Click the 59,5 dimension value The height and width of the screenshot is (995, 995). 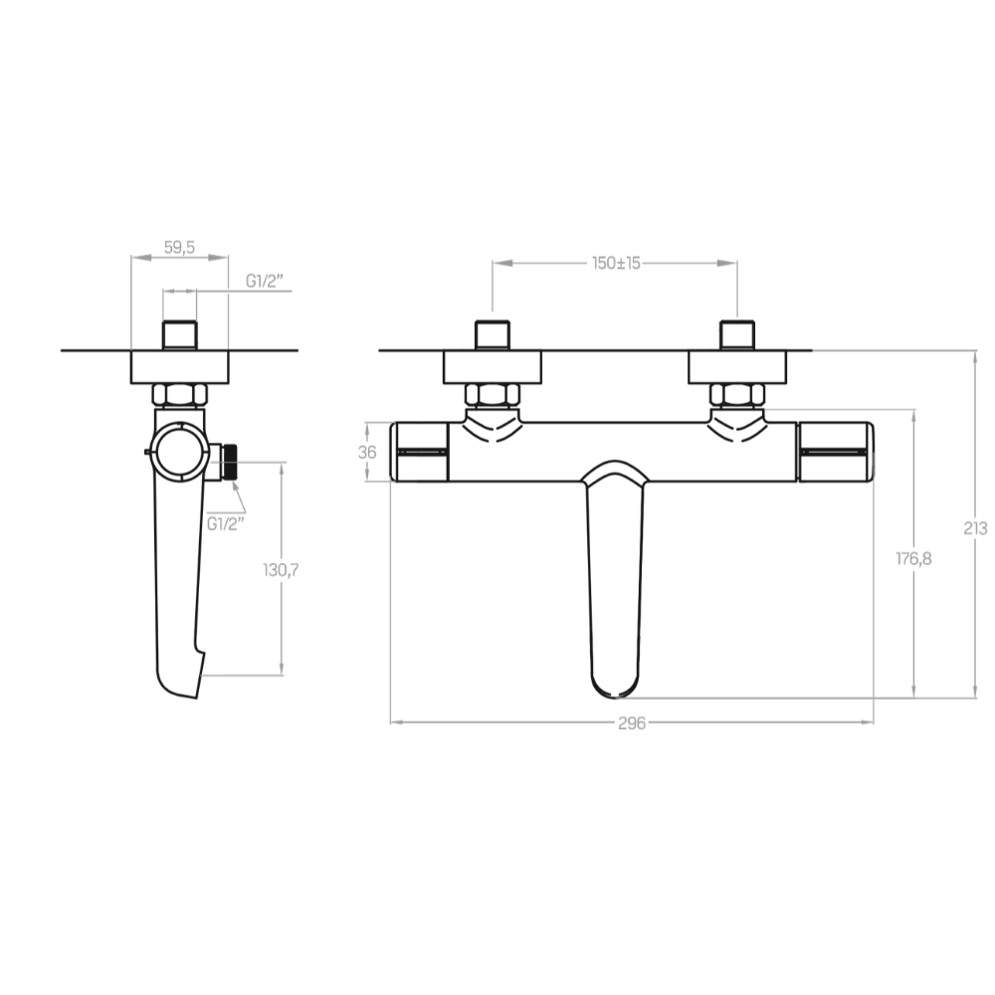coord(179,248)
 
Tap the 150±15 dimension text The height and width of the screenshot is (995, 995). coord(616,263)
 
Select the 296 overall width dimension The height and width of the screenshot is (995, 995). coord(632,723)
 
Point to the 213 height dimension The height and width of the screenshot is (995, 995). coord(975,527)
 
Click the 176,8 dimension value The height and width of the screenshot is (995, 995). coord(913,558)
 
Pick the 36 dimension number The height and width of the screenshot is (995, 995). coord(367,453)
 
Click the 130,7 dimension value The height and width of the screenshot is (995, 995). coord(281,570)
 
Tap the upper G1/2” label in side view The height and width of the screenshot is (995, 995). coord(265,281)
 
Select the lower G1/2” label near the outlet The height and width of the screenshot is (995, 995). coord(226,524)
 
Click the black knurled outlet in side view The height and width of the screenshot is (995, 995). coord(229,463)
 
